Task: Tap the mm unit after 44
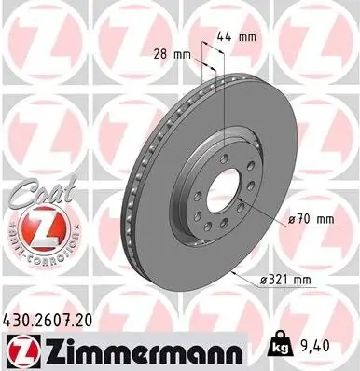(248, 38)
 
